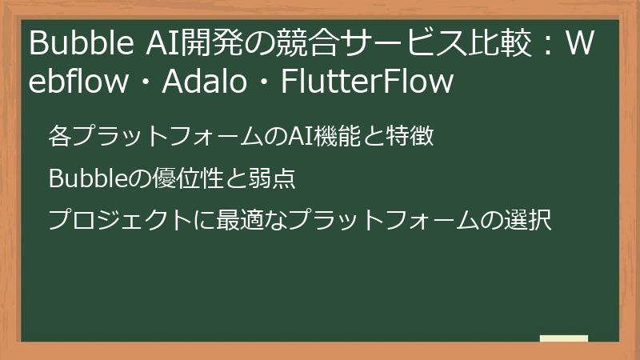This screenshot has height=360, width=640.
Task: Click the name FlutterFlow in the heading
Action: point(367,81)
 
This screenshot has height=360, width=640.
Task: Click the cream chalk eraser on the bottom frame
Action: point(563,339)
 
